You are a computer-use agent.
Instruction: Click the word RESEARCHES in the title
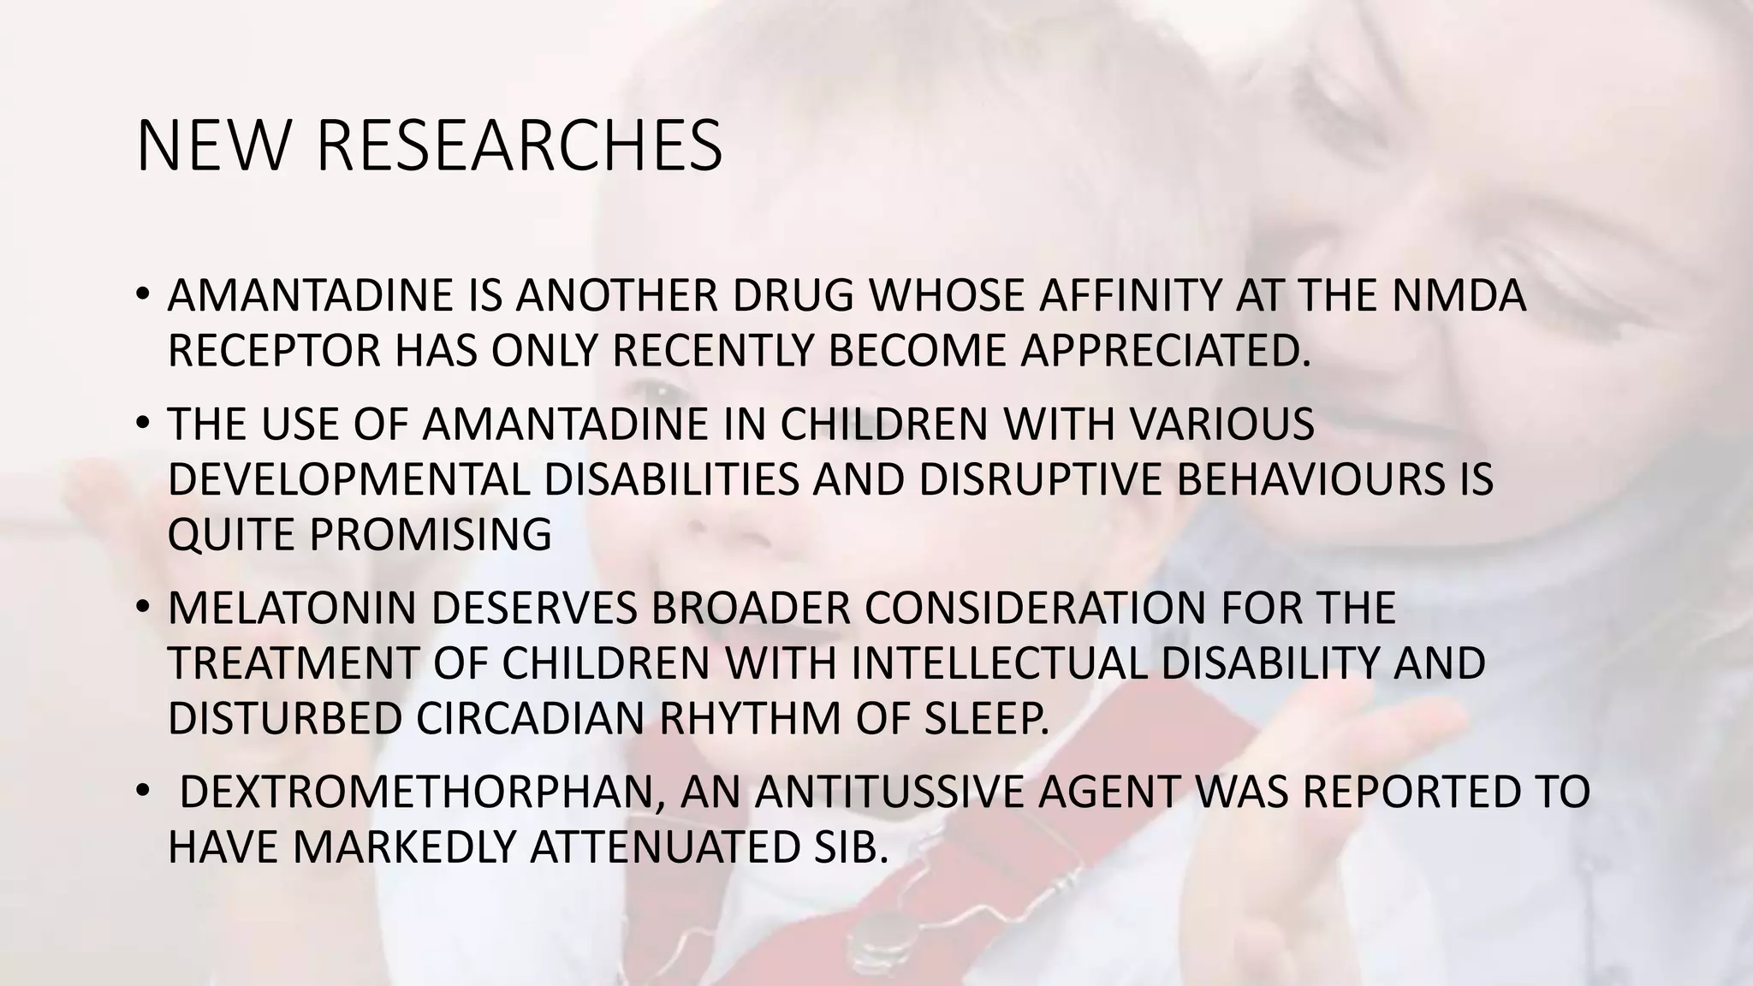click(x=520, y=146)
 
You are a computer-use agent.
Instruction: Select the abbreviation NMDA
click(x=1459, y=296)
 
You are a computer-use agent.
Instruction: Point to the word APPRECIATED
click(x=1165, y=351)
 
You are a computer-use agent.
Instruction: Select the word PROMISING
click(x=431, y=535)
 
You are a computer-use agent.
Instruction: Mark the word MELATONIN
click(x=292, y=609)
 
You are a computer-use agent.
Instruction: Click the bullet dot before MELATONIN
click(x=142, y=607)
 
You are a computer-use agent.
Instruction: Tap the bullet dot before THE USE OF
click(x=142, y=423)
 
